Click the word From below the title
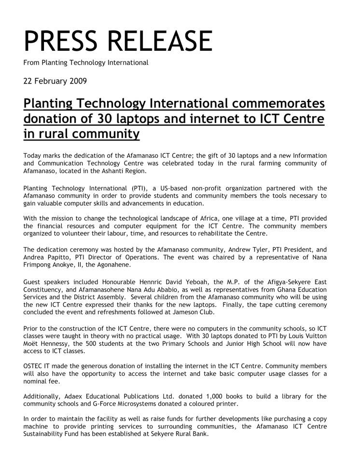click(x=32, y=62)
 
